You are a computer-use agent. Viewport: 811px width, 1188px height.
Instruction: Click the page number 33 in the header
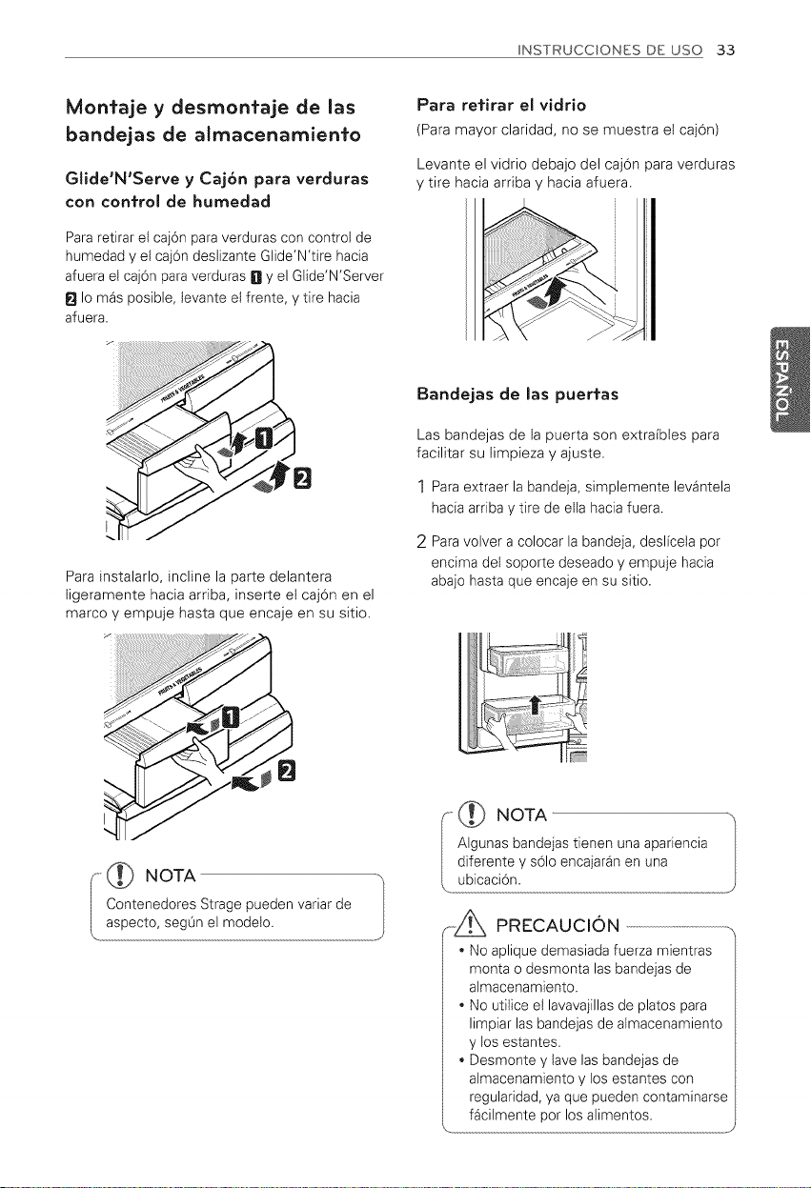pyautogui.click(x=725, y=50)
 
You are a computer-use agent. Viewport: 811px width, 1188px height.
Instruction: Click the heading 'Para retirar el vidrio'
pyautogui.click(x=501, y=105)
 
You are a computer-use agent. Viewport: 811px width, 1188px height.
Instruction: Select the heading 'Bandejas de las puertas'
pyautogui.click(x=517, y=394)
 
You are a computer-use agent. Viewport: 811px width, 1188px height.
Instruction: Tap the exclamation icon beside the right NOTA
pyautogui.click(x=474, y=815)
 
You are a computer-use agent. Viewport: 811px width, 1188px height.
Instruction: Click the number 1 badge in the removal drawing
pyautogui.click(x=264, y=439)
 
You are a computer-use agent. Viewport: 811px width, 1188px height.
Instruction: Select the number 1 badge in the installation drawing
pyautogui.click(x=231, y=717)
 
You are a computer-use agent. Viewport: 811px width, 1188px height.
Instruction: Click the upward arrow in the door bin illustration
pyautogui.click(x=536, y=705)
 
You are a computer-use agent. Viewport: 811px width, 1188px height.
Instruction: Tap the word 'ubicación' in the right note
pyautogui.click(x=487, y=881)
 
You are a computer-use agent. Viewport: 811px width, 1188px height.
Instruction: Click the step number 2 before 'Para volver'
pyautogui.click(x=422, y=543)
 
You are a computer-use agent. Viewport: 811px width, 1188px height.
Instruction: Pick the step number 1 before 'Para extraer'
pyautogui.click(x=421, y=487)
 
